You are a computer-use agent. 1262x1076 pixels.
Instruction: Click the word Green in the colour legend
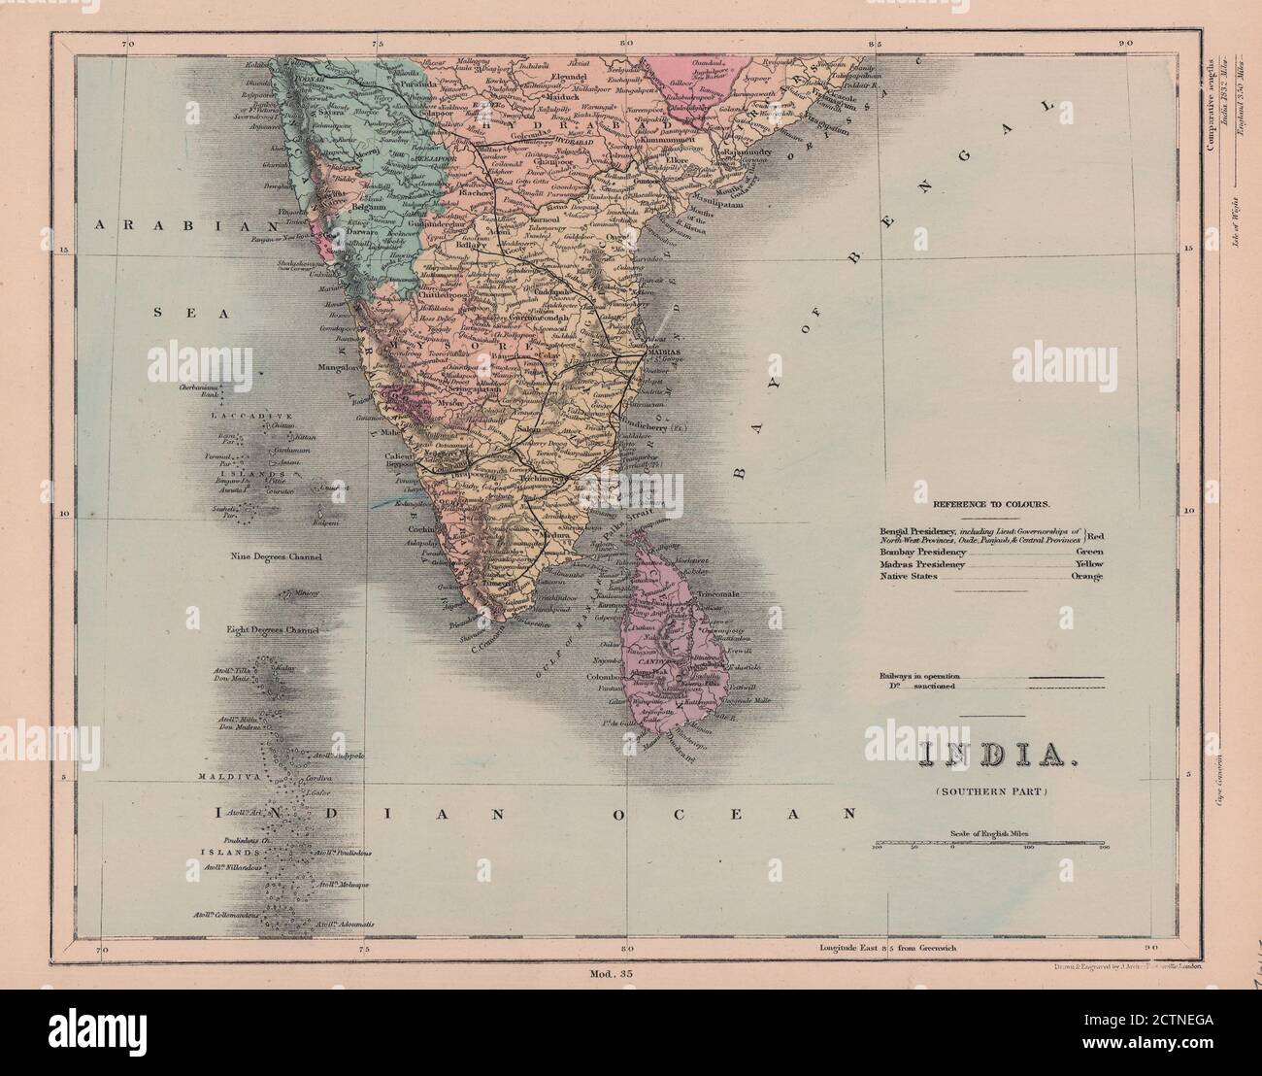[x=1090, y=550]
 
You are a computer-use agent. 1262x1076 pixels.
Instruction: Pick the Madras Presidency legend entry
[x=922, y=563]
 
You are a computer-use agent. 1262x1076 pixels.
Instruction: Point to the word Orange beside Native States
[x=1088, y=576]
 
